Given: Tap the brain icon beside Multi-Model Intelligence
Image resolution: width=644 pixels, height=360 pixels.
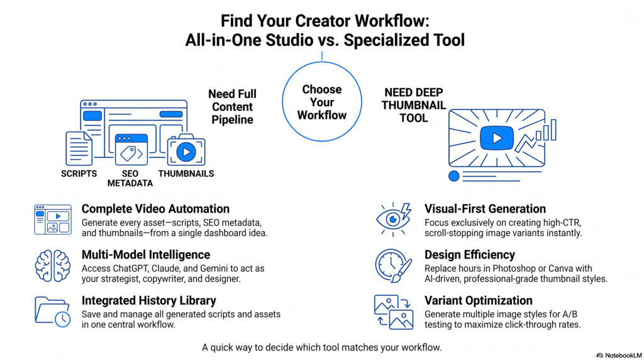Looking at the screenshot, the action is point(53,266).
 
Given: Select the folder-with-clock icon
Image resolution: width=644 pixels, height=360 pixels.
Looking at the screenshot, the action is point(53,312).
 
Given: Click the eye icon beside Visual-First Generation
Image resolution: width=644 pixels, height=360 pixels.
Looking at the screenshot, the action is point(393,220).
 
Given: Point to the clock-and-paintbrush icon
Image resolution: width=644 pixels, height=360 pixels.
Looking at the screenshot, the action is point(393,266).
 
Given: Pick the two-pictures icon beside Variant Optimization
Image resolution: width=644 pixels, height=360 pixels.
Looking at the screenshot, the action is point(393,312).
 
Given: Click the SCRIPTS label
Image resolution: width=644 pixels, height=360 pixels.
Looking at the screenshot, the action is point(79,174).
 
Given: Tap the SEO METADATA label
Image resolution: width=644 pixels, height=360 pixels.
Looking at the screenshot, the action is point(130,178).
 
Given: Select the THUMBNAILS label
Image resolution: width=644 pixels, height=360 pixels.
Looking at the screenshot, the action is point(186,174).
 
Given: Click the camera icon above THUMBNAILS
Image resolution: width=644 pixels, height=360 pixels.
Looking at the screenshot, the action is point(186,150).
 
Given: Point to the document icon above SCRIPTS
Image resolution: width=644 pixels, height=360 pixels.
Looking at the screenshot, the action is point(79,149).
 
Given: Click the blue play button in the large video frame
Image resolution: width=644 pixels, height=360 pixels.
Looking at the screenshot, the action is point(497,138).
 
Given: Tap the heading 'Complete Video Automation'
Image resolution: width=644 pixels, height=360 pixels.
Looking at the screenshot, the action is point(155,209).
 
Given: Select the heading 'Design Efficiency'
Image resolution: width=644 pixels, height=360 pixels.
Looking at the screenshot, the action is point(469,255).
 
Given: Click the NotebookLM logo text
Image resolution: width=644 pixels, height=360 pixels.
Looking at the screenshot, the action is point(623,356).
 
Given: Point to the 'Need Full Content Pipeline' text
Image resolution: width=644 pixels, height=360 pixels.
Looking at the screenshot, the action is point(232,107).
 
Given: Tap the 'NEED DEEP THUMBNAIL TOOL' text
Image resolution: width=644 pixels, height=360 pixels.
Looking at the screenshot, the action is point(414,105).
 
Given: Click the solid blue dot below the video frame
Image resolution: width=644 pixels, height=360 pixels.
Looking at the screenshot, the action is point(454,176).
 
